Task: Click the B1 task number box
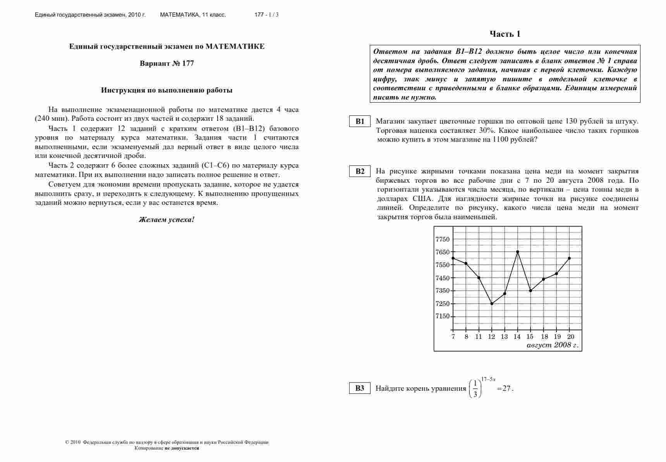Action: (x=360, y=121)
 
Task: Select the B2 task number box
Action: (x=360, y=171)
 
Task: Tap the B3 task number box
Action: (x=360, y=388)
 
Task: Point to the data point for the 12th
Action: (x=492, y=304)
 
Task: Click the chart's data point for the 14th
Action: (x=518, y=252)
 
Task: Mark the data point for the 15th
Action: (x=530, y=291)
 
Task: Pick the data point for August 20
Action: (x=569, y=258)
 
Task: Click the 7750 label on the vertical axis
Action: (x=443, y=239)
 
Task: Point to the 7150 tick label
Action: (x=443, y=316)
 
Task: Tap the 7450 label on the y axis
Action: (x=443, y=278)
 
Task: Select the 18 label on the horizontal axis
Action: (x=544, y=337)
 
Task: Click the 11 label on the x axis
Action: (x=479, y=337)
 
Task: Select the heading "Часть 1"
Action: (x=505, y=34)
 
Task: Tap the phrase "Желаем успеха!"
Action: (x=166, y=220)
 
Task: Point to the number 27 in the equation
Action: (x=506, y=388)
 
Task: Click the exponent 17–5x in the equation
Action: (x=488, y=379)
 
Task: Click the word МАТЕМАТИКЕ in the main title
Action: (x=235, y=46)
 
